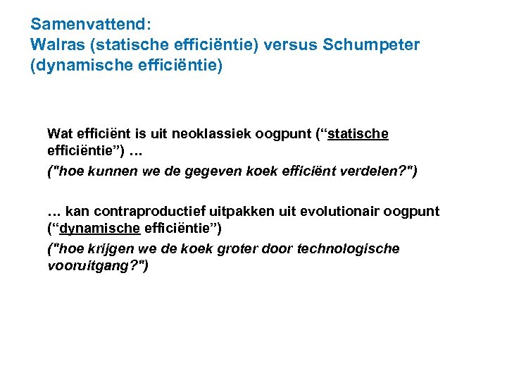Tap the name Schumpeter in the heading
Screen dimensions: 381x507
[x=371, y=44]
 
